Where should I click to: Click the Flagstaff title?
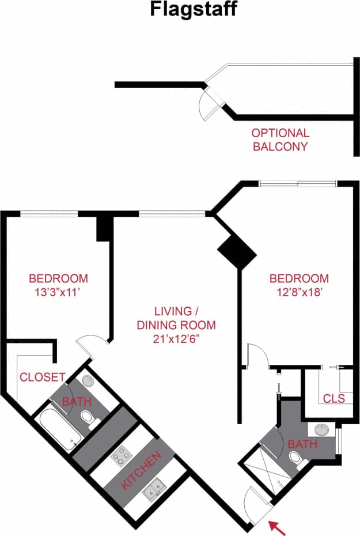(193, 10)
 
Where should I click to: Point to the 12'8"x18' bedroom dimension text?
(300, 292)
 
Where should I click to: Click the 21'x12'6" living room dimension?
(176, 339)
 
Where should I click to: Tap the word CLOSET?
(42, 378)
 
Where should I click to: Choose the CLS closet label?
(334, 398)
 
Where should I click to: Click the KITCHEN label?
(141, 471)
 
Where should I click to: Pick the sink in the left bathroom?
(88, 381)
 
